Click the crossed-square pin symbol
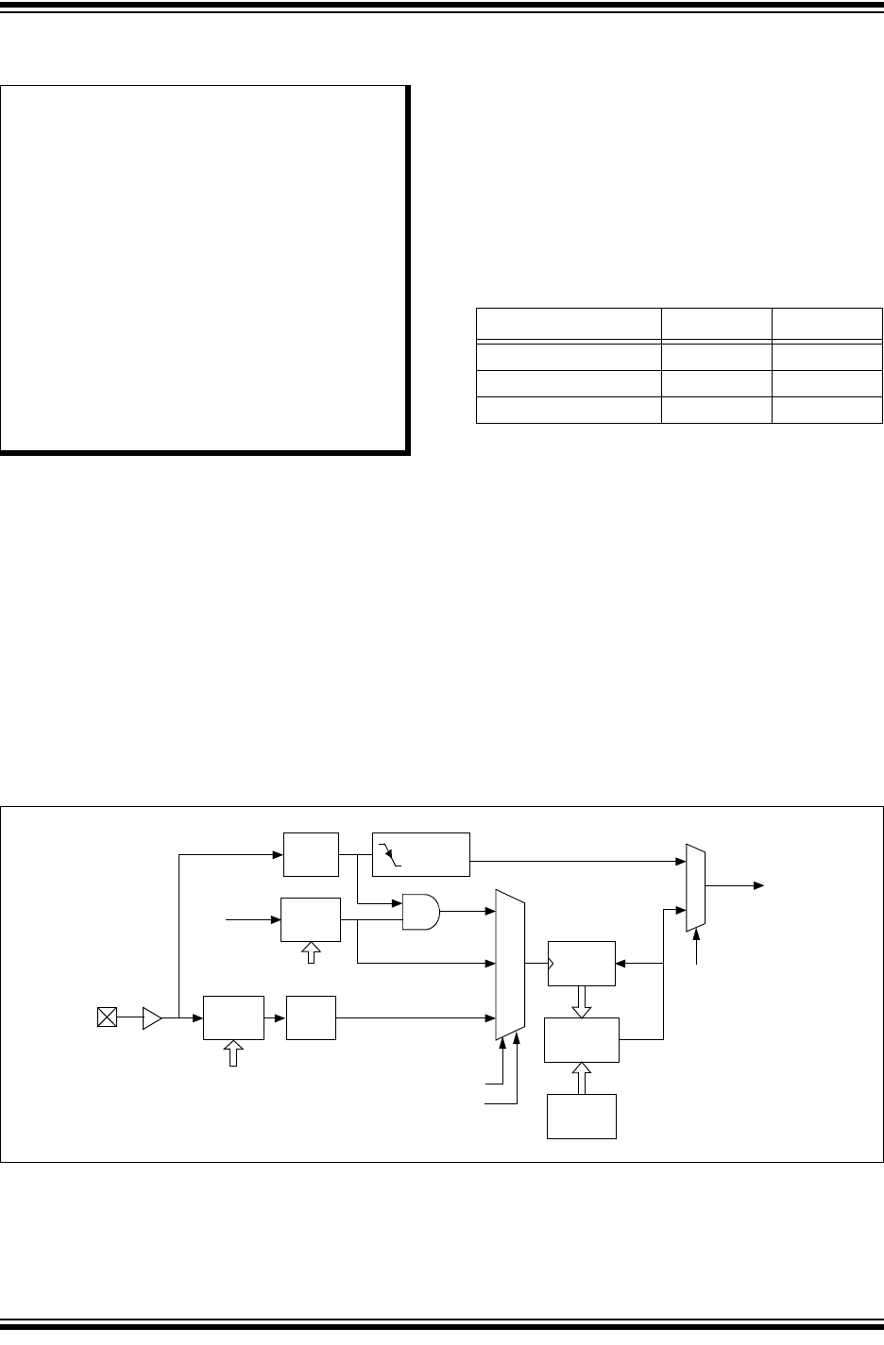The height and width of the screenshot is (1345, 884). (108, 1017)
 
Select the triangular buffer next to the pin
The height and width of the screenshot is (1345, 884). (151, 1017)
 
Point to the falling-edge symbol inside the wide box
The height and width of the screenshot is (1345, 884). (390, 857)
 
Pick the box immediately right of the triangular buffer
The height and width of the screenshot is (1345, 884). (233, 1017)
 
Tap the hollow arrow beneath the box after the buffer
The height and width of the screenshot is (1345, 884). (233, 1053)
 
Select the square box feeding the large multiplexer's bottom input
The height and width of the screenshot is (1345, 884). (312, 1017)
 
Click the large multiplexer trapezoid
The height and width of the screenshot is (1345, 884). (510, 964)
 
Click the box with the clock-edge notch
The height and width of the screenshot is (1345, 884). (582, 964)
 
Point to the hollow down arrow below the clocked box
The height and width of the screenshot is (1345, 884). (582, 1002)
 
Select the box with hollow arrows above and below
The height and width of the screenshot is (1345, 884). (582, 1040)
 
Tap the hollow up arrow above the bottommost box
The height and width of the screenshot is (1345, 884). (582, 1078)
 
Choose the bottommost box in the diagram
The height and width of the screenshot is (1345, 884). (582, 1117)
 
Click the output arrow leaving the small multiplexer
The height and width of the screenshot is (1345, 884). (737, 886)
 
